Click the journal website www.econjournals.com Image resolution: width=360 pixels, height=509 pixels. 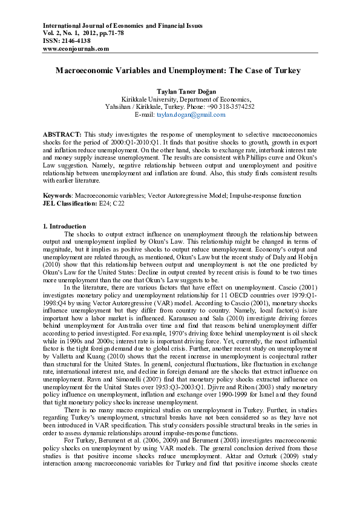tap(76, 48)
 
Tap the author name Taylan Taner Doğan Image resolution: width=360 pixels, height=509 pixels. tap(179, 90)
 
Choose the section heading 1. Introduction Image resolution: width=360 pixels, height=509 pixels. tap(64, 226)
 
